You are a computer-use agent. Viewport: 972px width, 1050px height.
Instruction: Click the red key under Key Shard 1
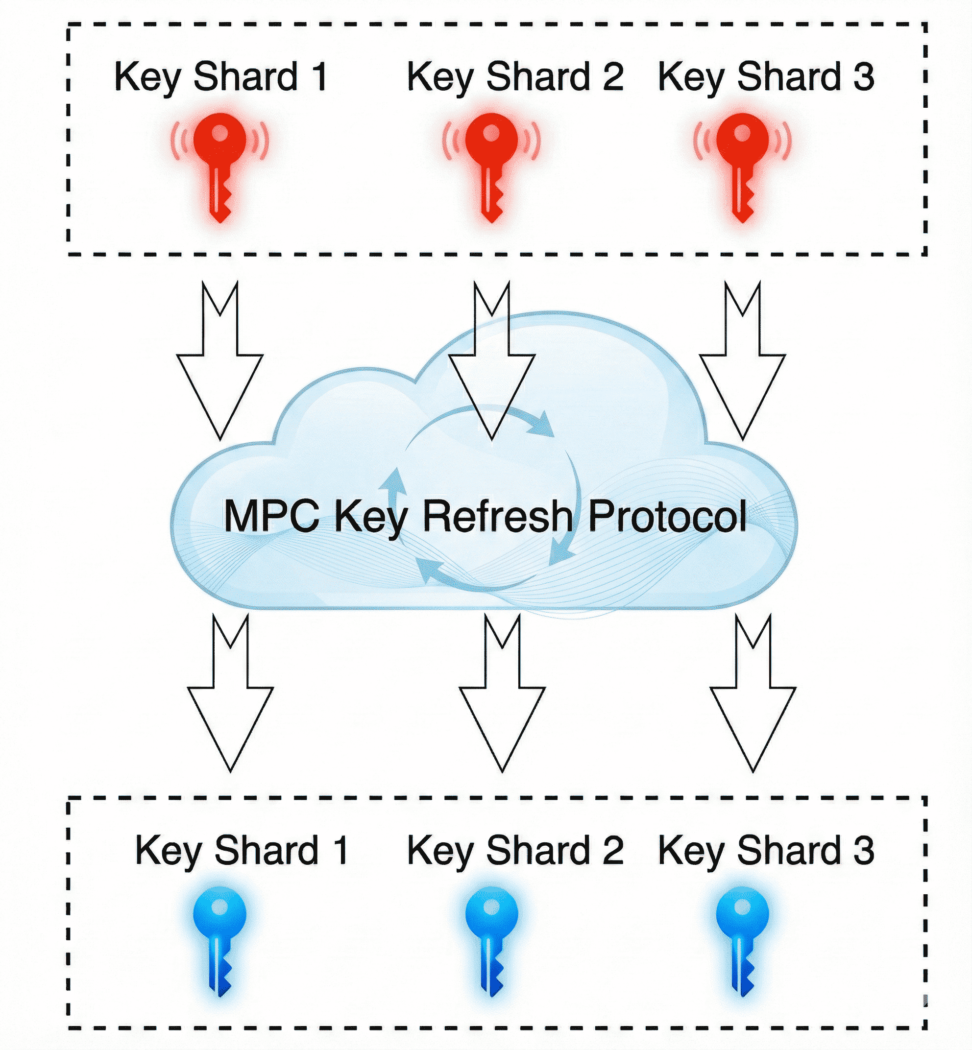pos(220,158)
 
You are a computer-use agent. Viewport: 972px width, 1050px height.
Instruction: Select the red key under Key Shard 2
pos(491,158)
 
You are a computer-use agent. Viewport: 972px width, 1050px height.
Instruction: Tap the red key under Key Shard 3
pos(742,158)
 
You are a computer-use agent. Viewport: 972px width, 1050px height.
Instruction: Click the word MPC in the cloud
pos(271,516)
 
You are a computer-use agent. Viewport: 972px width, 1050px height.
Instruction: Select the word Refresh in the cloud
pos(498,516)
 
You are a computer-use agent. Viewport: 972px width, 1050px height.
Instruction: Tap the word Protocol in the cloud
pos(667,516)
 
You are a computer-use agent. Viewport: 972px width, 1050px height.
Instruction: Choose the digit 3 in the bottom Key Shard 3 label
pos(863,851)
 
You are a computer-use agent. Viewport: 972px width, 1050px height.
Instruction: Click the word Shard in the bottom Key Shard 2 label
pos(538,851)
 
